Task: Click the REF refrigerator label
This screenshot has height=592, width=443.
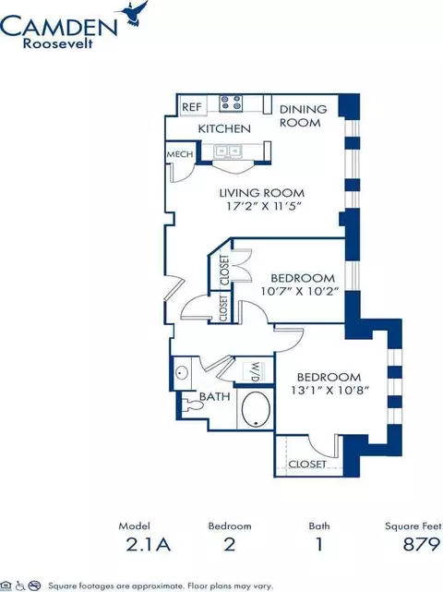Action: pyautogui.click(x=192, y=107)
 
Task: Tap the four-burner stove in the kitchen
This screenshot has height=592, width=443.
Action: pyautogui.click(x=231, y=103)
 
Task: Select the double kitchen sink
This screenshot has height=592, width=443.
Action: pyautogui.click(x=228, y=151)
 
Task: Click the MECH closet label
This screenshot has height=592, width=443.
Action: pyautogui.click(x=180, y=154)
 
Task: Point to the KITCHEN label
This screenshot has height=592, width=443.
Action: pyautogui.click(x=224, y=128)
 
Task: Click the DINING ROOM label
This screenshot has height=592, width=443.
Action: pyautogui.click(x=303, y=116)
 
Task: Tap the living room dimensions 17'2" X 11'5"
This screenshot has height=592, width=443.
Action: pyautogui.click(x=266, y=207)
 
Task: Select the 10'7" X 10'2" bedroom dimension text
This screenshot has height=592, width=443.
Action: pyautogui.click(x=298, y=292)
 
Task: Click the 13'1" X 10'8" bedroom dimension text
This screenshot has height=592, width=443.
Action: pyautogui.click(x=329, y=390)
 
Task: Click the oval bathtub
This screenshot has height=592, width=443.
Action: pyautogui.click(x=256, y=410)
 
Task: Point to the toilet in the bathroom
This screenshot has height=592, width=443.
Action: pyautogui.click(x=193, y=405)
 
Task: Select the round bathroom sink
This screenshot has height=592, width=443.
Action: pyautogui.click(x=182, y=373)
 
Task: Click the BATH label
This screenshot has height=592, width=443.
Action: pyautogui.click(x=215, y=396)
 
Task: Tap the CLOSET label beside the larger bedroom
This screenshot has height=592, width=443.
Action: pyautogui.click(x=307, y=464)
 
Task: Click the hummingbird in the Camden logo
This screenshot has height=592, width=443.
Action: pyautogui.click(x=135, y=13)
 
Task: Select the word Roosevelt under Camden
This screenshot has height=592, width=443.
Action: pyautogui.click(x=58, y=43)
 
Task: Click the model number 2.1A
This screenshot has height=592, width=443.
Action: pyautogui.click(x=149, y=544)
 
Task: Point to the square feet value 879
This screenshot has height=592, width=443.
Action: pyautogui.click(x=422, y=544)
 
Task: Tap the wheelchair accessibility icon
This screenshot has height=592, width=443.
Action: pyautogui.click(x=20, y=586)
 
